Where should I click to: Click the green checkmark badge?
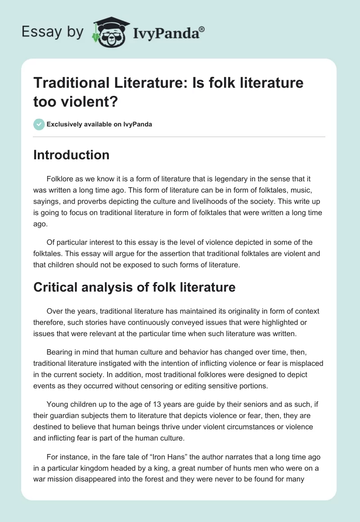[39, 124]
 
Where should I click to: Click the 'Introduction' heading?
[71, 155]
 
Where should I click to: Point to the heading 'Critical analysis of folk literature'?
[134, 287]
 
